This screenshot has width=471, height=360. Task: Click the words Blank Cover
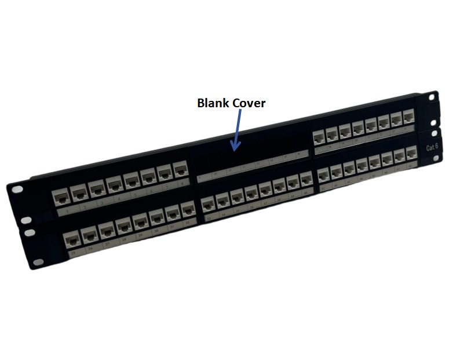tap(231, 103)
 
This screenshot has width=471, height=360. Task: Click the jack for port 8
tap(181, 170)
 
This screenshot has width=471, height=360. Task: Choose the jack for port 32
tap(187, 210)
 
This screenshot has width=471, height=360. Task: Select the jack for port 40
tap(306, 180)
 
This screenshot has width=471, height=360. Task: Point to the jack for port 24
tap(409, 118)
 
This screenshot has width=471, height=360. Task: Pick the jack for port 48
tap(411, 154)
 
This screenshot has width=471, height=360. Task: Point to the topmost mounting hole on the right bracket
tap(432, 97)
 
